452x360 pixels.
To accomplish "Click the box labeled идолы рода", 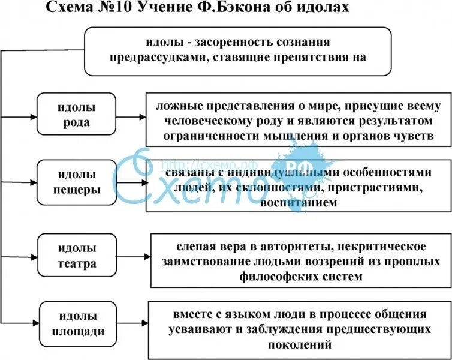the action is [76, 116].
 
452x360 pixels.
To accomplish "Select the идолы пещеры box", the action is [76, 182].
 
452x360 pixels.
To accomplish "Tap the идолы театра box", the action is [76, 255].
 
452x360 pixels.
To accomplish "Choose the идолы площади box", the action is [76, 324].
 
